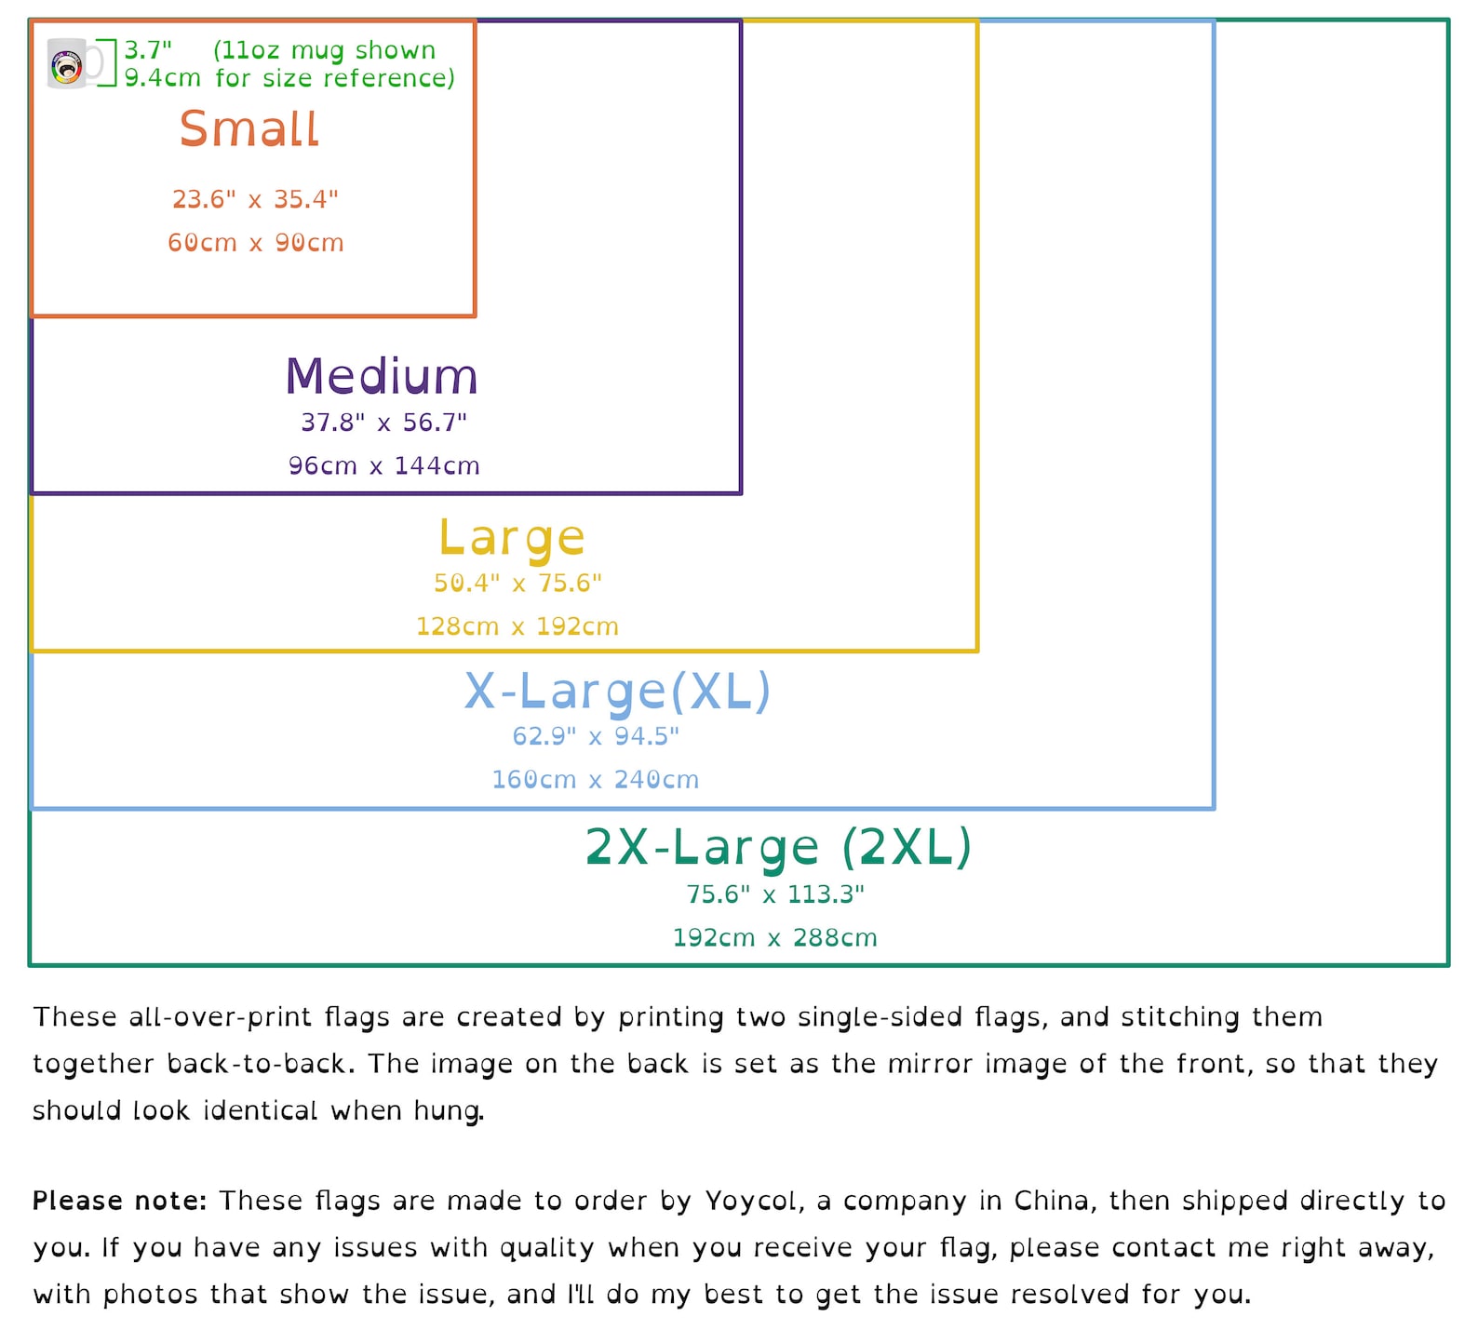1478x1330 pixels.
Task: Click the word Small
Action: click(x=249, y=128)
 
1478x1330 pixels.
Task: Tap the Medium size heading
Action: click(x=382, y=376)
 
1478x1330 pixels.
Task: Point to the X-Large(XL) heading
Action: click(x=618, y=692)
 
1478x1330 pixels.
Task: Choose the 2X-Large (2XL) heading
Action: click(x=778, y=847)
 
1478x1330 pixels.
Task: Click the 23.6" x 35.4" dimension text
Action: click(x=255, y=199)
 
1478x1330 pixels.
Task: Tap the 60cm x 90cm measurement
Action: click(x=256, y=243)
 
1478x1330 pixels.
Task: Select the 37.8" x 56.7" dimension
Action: click(x=383, y=423)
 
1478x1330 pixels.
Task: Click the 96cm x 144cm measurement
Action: click(x=384, y=465)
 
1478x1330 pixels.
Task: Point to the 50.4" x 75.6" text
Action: click(x=517, y=584)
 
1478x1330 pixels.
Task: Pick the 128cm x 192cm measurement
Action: click(x=517, y=626)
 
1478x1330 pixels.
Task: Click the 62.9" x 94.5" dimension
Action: click(x=596, y=736)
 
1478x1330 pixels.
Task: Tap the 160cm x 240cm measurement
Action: click(x=596, y=780)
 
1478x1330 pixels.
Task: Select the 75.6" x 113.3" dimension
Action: click(x=775, y=894)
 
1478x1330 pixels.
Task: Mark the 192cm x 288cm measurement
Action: click(x=775, y=937)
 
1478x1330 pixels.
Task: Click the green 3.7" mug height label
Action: click(x=149, y=50)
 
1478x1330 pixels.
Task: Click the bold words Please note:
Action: click(x=119, y=1201)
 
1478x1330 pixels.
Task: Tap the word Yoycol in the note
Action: click(x=751, y=1202)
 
